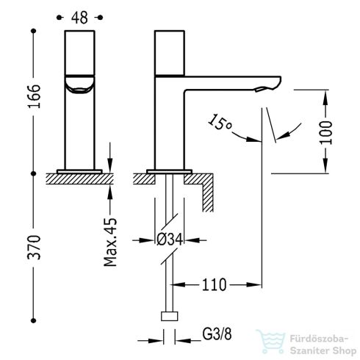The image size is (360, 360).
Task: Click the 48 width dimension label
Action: pos(79,18)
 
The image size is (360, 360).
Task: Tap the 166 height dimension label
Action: pos(34,96)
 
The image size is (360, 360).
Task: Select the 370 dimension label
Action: pos(34,248)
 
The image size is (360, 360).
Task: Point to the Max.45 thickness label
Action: pos(110,242)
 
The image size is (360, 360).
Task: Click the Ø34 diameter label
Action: pos(170,240)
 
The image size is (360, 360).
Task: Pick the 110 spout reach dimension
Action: pos(214,284)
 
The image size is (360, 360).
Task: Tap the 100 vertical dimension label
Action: pos(326,132)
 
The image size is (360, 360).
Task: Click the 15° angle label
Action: pos(220,122)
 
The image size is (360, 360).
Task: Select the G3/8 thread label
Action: pos(217,334)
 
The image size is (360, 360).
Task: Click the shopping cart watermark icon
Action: pos(270,341)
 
